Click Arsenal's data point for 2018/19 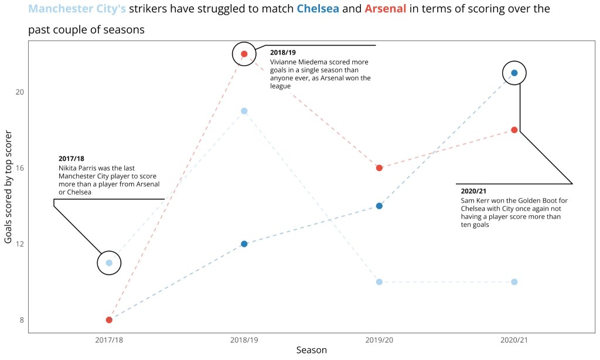tap(244, 54)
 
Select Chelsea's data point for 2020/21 tap(514, 73)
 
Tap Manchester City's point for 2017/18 tap(109, 263)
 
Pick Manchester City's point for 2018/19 tap(244, 111)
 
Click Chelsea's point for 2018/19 tap(244, 244)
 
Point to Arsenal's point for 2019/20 tap(379, 168)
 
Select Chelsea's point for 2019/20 tap(379, 206)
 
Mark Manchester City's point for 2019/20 tap(379, 282)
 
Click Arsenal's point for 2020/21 tap(514, 130)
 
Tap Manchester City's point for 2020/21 tap(514, 282)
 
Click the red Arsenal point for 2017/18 tap(109, 320)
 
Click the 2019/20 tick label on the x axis tap(379, 339)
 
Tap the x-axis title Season tap(311, 351)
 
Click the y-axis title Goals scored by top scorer tap(9, 188)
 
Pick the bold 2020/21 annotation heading tap(473, 191)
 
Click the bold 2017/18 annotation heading tap(71, 158)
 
